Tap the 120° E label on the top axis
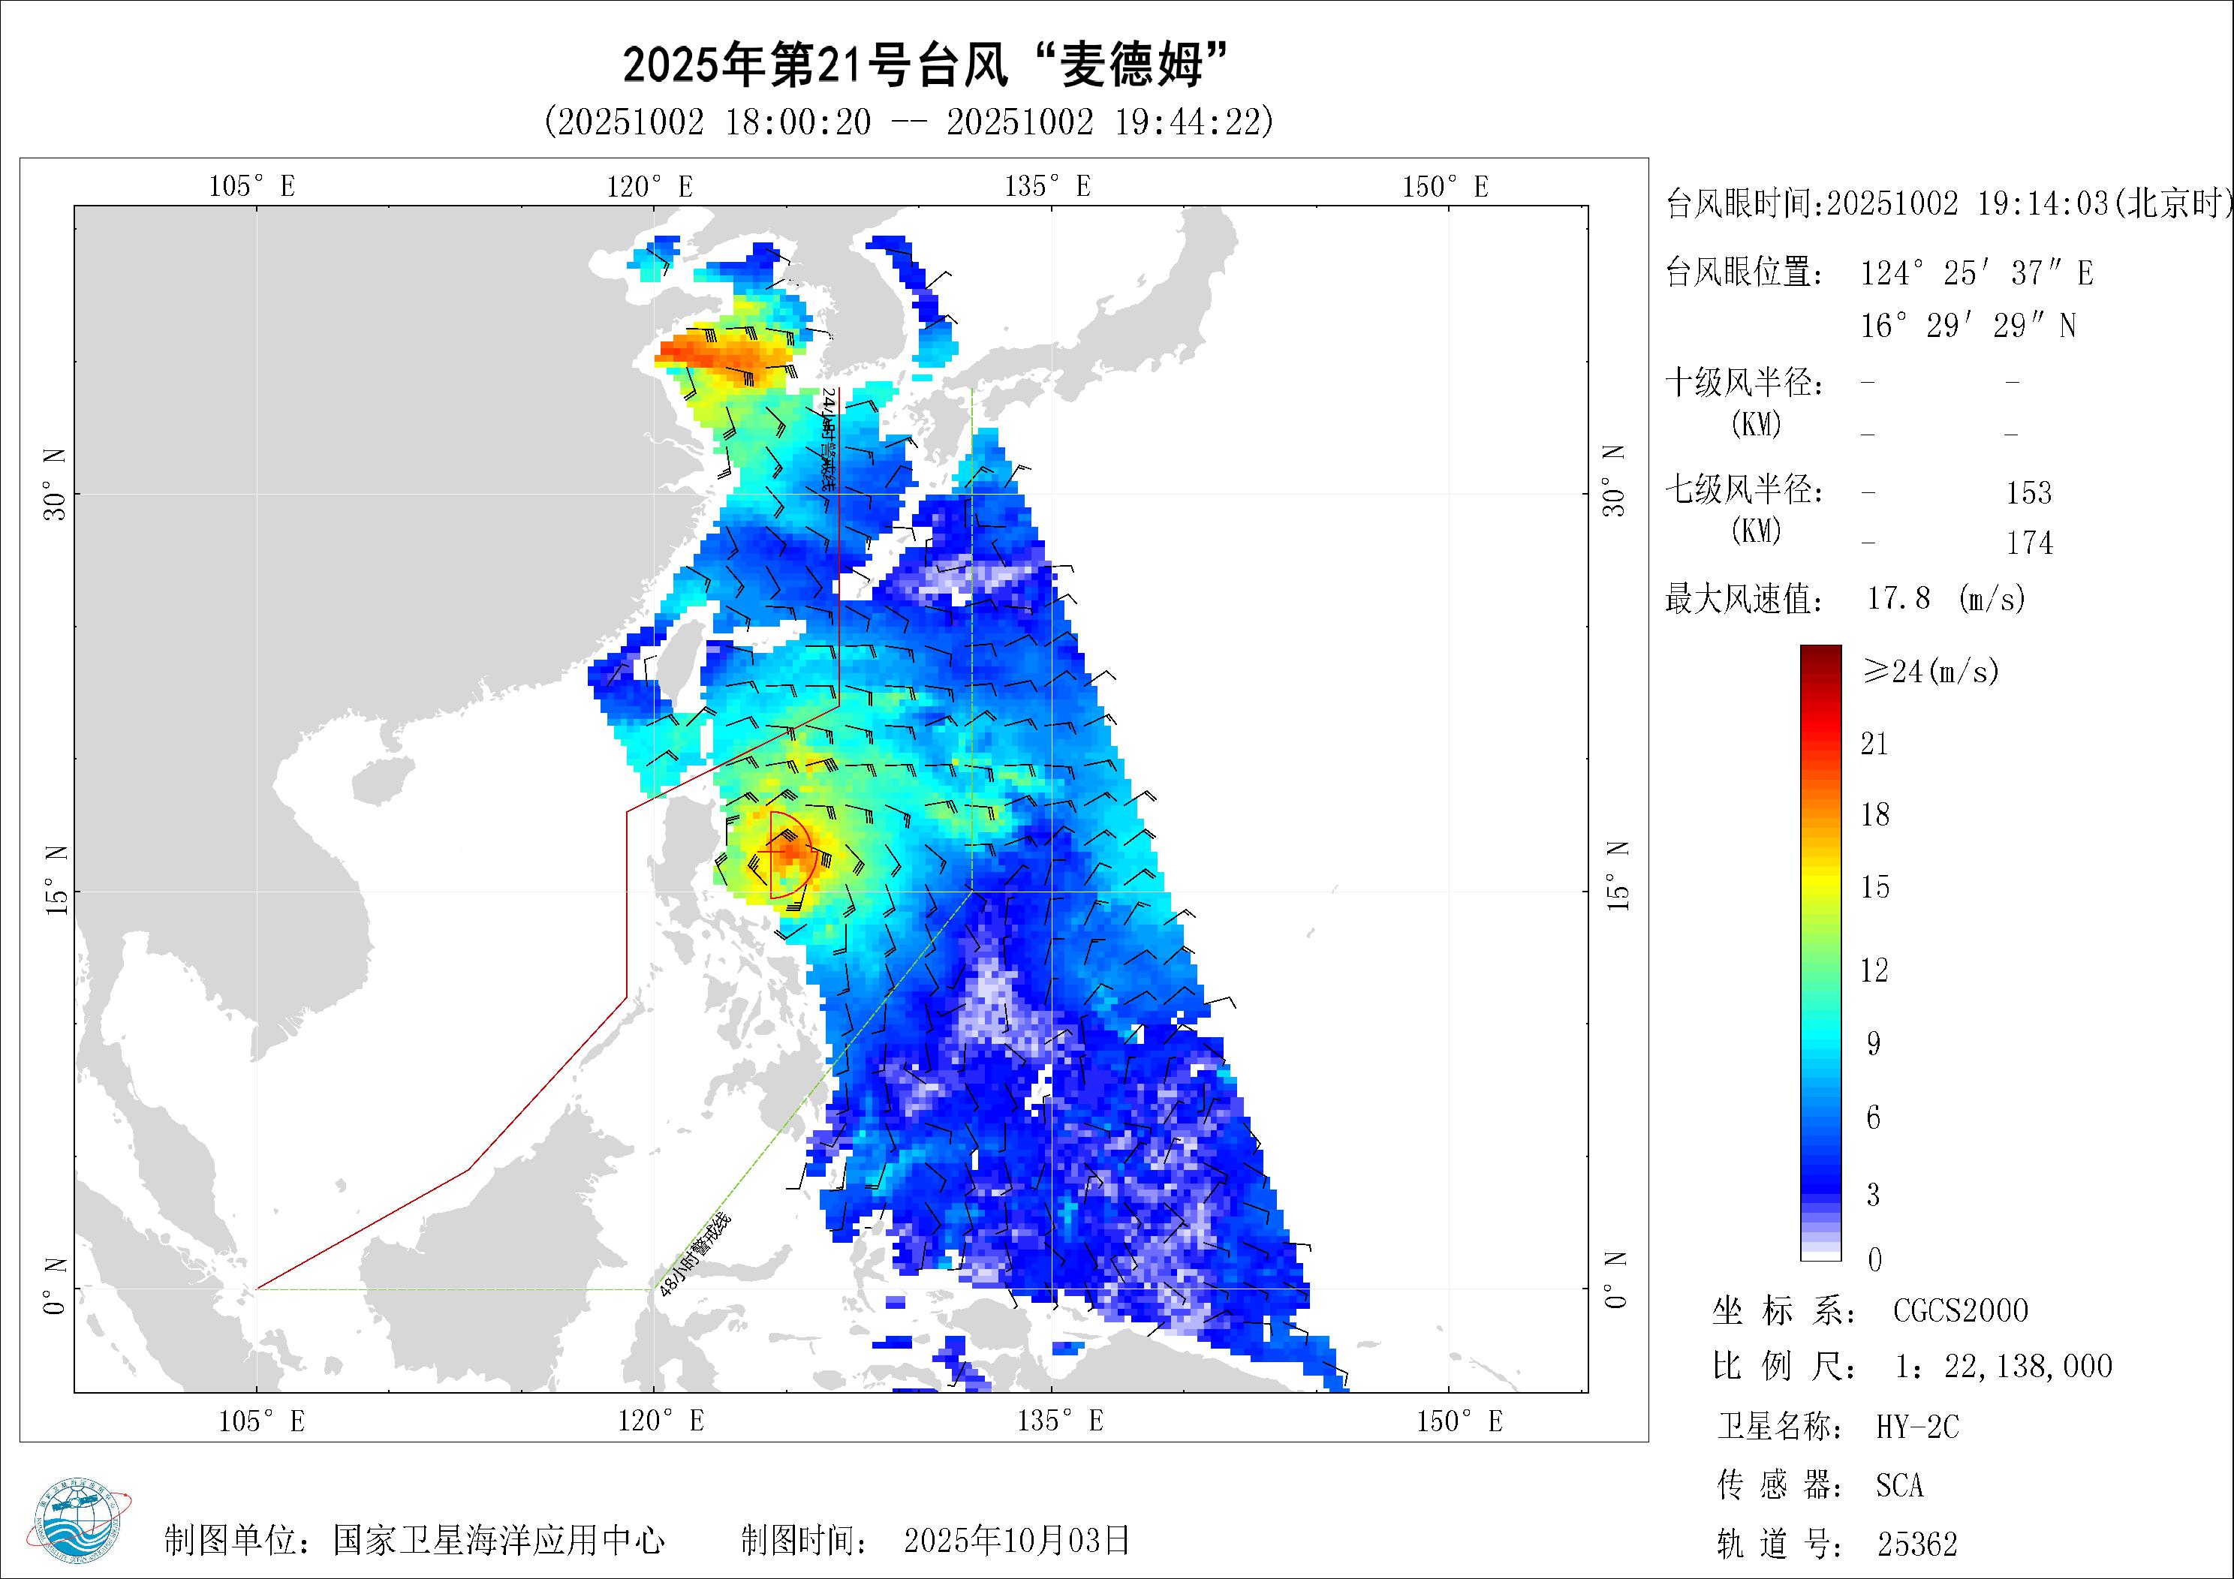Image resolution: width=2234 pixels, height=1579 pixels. click(650, 186)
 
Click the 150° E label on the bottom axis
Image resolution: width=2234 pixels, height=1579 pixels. click(1459, 1421)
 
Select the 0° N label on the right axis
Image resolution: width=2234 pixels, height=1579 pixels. click(1616, 1280)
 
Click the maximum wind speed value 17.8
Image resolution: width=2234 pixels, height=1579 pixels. click(1898, 597)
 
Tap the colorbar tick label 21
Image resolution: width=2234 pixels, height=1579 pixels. click(1874, 744)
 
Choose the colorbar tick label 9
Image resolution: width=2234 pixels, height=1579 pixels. click(1873, 1044)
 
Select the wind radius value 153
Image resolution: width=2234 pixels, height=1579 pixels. click(2029, 493)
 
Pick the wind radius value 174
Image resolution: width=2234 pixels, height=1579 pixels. click(2030, 543)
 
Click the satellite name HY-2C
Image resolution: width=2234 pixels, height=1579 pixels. click(1916, 1427)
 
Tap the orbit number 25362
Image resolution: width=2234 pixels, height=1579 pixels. click(1916, 1544)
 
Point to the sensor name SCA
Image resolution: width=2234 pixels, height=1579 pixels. click(1899, 1486)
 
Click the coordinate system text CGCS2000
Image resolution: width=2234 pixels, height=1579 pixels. click(1959, 1310)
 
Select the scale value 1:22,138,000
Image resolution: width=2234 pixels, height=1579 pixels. click(2004, 1367)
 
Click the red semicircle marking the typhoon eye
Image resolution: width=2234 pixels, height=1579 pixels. click(790, 854)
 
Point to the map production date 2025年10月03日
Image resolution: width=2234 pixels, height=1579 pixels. click(1016, 1540)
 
